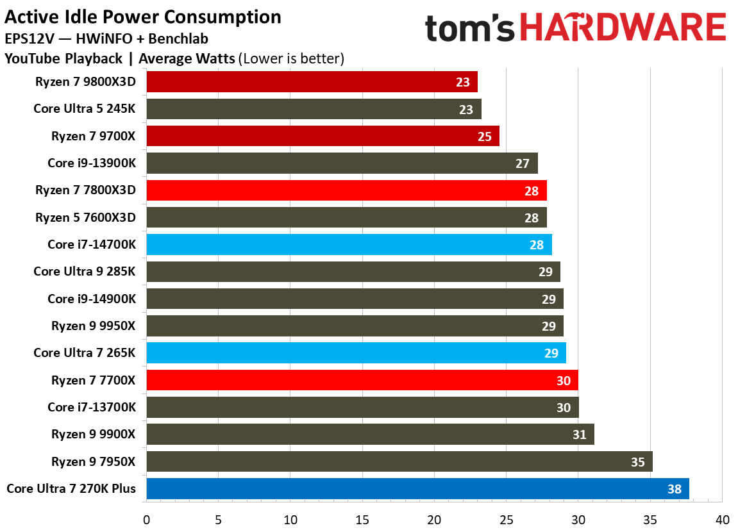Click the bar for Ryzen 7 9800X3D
pyautogui.click(x=312, y=82)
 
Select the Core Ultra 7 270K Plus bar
pyautogui.click(x=417, y=489)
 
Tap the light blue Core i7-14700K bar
pyautogui.click(x=349, y=245)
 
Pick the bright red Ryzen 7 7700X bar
pyautogui.click(x=362, y=380)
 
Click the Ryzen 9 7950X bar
pyautogui.click(x=399, y=461)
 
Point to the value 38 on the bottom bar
pyautogui.click(x=675, y=489)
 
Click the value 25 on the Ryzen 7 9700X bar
pyautogui.click(x=485, y=137)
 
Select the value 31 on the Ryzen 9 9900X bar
pyautogui.click(x=580, y=435)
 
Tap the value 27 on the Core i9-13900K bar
pyautogui.click(x=523, y=163)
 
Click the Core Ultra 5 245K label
pyautogui.click(x=85, y=109)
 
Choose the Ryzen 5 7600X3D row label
pyautogui.click(x=86, y=217)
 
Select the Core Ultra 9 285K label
pyautogui.click(x=85, y=272)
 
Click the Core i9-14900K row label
pyautogui.click(x=92, y=299)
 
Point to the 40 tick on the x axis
pyautogui.click(x=722, y=518)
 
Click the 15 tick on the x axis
pyautogui.click(x=362, y=518)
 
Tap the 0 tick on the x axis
pyautogui.click(x=147, y=518)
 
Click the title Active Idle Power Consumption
pyautogui.click(x=142, y=17)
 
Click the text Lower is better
pyautogui.click(x=292, y=59)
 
